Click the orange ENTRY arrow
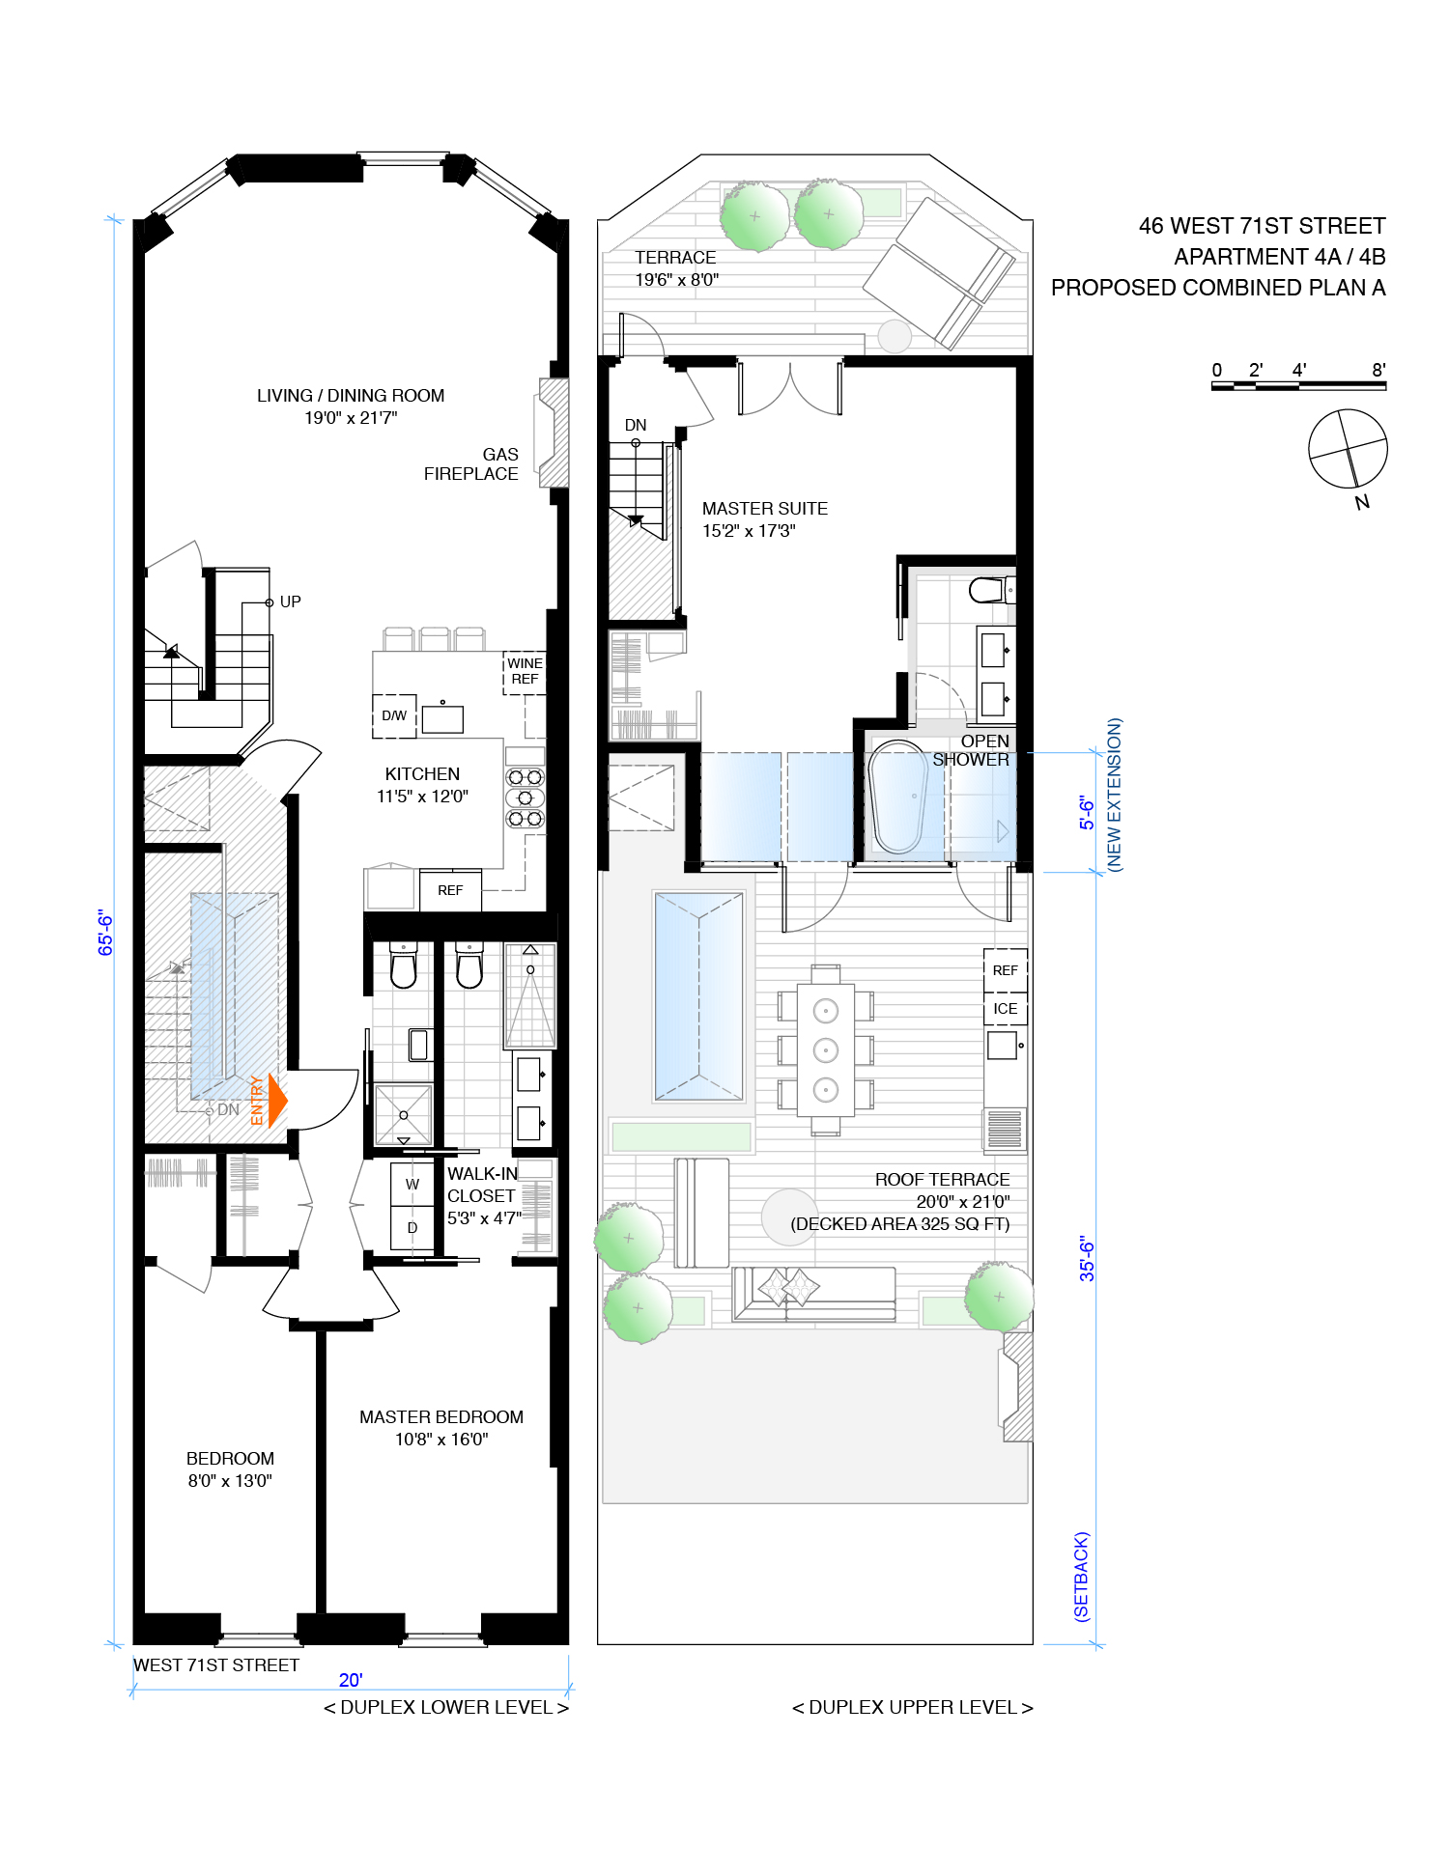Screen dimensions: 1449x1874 pyautogui.click(x=275, y=1101)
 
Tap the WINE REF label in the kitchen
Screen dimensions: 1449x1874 pyautogui.click(x=525, y=671)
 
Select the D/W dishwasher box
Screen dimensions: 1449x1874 pyautogui.click(x=394, y=715)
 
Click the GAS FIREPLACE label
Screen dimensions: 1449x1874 pyautogui.click(x=472, y=464)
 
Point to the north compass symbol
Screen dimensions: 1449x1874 pyautogui.click(x=1349, y=449)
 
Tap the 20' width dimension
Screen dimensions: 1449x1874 pyautogui.click(x=351, y=1680)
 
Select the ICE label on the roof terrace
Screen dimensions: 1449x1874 pyautogui.click(x=1005, y=1009)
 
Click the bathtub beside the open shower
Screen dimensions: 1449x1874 pyautogui.click(x=898, y=797)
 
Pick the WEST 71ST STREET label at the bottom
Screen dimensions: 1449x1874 pyautogui.click(x=216, y=1665)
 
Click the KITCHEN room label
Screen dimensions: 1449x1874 pyautogui.click(x=422, y=774)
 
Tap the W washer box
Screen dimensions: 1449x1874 pyautogui.click(x=412, y=1185)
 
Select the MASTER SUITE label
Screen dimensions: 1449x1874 pyautogui.click(x=764, y=509)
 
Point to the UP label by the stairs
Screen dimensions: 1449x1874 pyautogui.click(x=290, y=601)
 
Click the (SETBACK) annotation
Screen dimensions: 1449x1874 pyautogui.click(x=1082, y=1577)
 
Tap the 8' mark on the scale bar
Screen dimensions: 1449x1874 pyautogui.click(x=1378, y=370)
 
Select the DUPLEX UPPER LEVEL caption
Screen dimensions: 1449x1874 pyautogui.click(x=912, y=1707)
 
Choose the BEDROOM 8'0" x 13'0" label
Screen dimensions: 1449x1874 pyautogui.click(x=230, y=1469)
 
